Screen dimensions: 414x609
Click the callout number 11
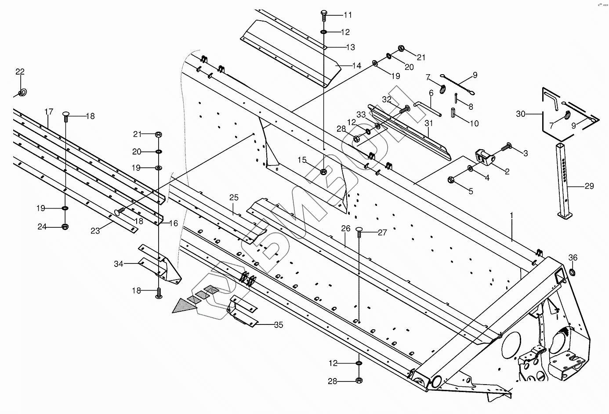[x=348, y=15]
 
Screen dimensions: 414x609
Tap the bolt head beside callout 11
[x=323, y=13]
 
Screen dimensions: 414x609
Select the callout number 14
[x=357, y=66]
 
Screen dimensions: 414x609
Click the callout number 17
[x=49, y=112]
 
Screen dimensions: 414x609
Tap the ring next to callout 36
[x=573, y=273]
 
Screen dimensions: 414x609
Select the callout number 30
[x=521, y=114]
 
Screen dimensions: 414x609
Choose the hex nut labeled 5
[x=451, y=179]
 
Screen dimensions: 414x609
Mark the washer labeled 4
[x=470, y=168]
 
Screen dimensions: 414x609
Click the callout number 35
[x=279, y=325]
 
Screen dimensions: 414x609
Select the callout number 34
[x=119, y=264]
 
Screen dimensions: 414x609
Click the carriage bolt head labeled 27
[x=359, y=230]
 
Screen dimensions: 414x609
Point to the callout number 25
[x=233, y=198]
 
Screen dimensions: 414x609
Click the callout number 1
[x=511, y=216]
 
